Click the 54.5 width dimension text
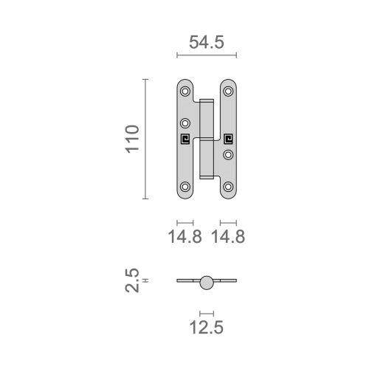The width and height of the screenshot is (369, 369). coord(207,42)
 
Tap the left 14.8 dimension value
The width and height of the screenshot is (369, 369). coord(184,237)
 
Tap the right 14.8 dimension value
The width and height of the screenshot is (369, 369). coord(228,237)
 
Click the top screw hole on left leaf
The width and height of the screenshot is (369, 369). coord(185,92)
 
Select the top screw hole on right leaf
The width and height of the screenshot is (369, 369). coord(229,92)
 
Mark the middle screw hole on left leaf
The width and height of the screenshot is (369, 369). coord(185,123)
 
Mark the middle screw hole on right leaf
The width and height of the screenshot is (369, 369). coord(229,154)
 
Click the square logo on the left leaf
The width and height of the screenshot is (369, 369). coord(185,137)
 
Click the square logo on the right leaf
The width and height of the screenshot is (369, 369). coord(229,137)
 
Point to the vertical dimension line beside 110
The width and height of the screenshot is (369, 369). coord(145,139)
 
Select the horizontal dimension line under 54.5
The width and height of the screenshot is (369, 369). coord(207,55)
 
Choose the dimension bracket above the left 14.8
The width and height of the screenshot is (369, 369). coord(184,221)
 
